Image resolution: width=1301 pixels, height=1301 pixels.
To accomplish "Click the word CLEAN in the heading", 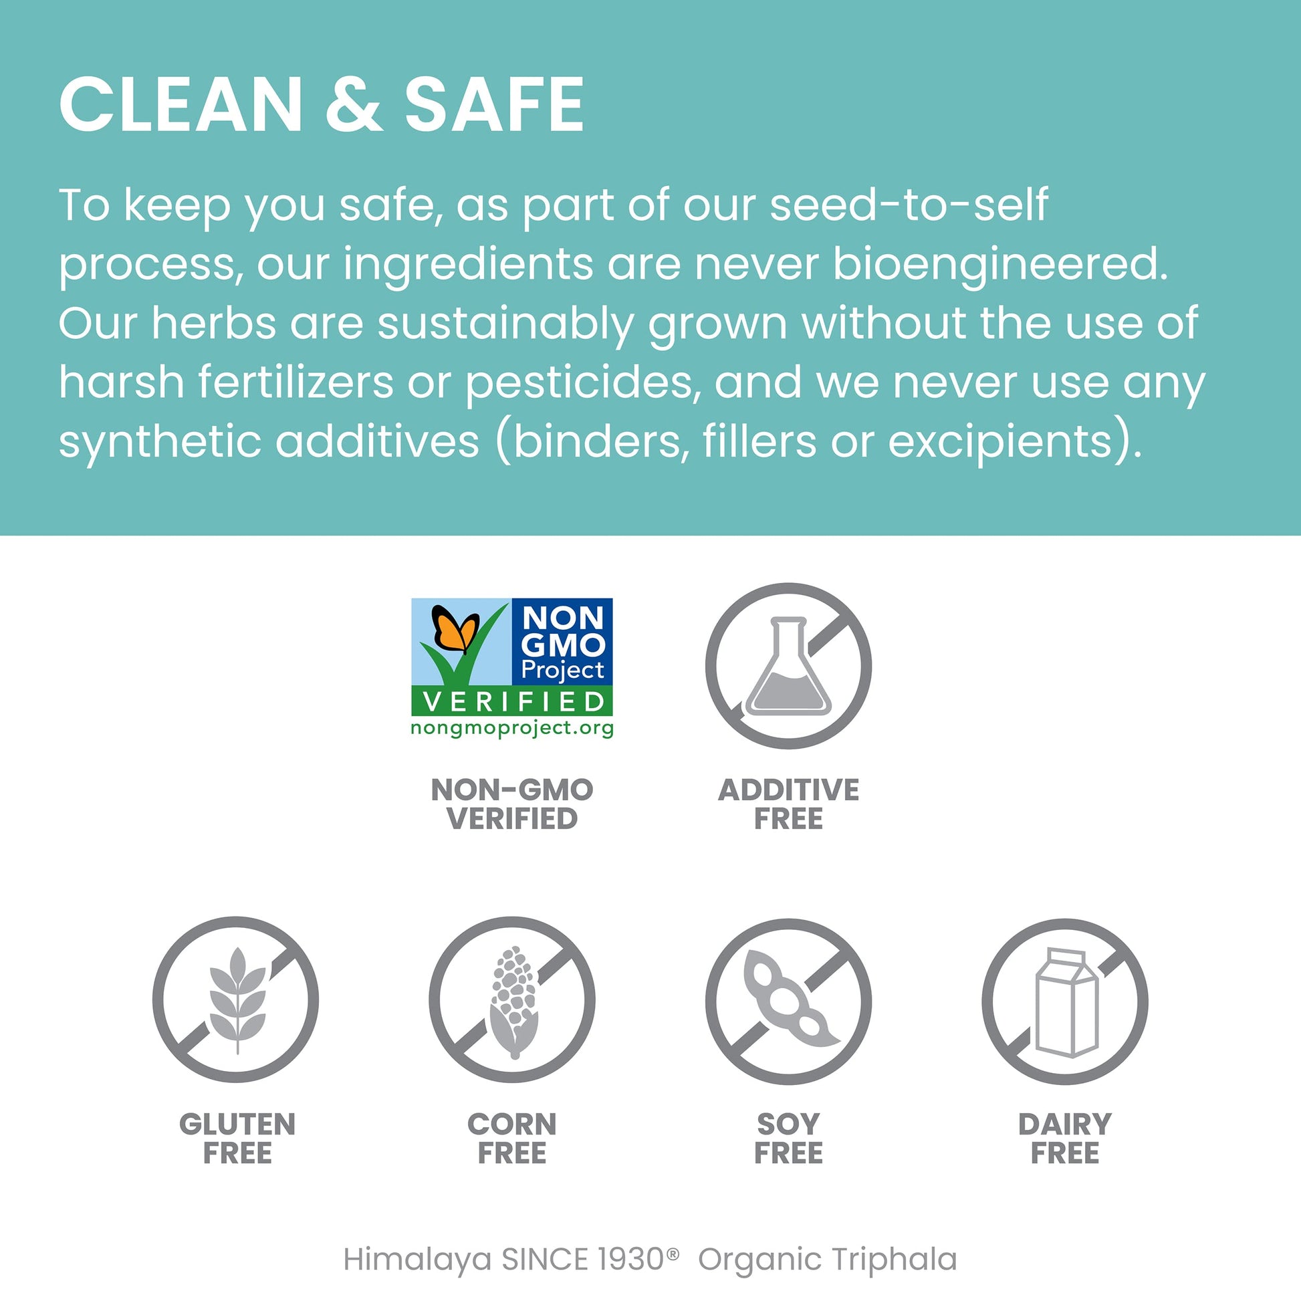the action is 181,104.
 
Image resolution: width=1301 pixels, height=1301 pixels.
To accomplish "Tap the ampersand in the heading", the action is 354,104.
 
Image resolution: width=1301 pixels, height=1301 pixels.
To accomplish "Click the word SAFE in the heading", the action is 495,104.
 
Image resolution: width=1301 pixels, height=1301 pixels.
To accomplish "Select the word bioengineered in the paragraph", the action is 1001,264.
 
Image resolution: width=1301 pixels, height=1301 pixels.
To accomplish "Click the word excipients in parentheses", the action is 1001,442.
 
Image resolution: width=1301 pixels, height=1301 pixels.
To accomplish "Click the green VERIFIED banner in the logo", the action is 513,702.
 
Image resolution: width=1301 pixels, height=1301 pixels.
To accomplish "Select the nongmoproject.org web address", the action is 513,729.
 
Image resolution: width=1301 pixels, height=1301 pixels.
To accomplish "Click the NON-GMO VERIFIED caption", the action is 513,804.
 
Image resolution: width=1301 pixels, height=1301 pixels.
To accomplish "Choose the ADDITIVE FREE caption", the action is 788,804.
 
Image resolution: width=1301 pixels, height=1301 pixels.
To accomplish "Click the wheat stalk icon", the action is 237,1001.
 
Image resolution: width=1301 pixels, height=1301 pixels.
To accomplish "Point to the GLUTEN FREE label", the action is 237,1139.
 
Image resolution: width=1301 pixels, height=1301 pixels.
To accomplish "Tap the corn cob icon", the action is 513,1002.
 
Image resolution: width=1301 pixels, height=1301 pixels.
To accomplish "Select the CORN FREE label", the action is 513,1139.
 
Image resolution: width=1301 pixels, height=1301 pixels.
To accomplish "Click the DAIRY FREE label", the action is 1065,1139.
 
